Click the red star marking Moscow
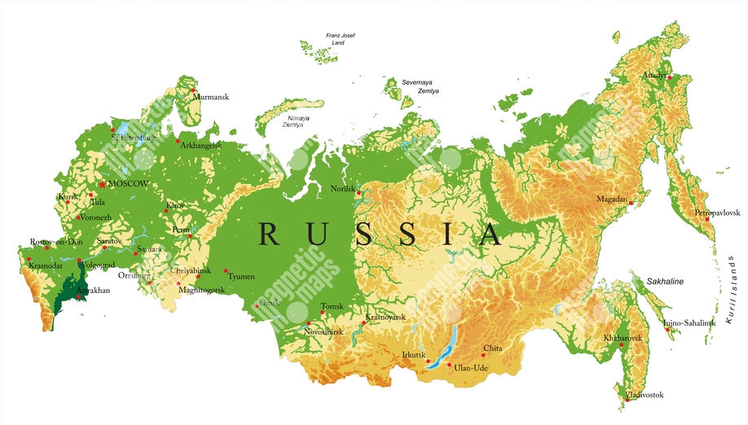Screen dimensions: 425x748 (102, 184)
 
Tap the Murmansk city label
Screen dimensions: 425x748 (210, 97)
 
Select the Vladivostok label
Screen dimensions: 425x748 (644, 395)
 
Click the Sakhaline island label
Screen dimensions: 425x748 (665, 282)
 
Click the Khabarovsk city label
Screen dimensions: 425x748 (623, 337)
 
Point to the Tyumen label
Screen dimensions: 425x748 (241, 277)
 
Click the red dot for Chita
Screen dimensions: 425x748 (483, 355)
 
